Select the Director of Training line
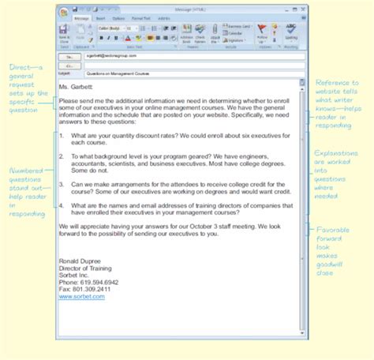click(86, 268)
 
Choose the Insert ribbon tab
click(100, 17)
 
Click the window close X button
click(301, 8)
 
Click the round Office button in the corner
click(62, 11)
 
